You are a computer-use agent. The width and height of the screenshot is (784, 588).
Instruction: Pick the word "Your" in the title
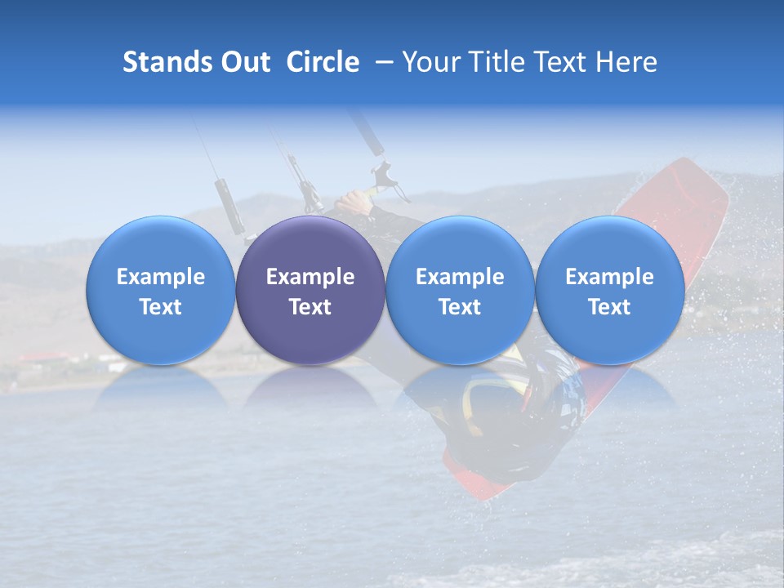click(431, 62)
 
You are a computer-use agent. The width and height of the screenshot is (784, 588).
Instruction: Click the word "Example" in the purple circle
click(310, 277)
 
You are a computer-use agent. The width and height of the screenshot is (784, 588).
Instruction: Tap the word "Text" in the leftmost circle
click(161, 307)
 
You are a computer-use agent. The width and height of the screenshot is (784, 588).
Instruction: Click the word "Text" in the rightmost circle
click(610, 307)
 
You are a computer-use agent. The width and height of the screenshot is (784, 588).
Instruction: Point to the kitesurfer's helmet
click(523, 400)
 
